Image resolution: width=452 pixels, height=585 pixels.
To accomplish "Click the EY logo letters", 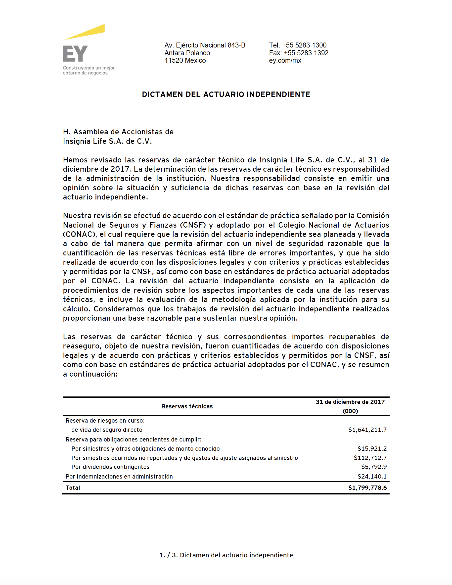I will (75, 53).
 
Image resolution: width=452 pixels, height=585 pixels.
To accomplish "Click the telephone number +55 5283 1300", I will (304, 45).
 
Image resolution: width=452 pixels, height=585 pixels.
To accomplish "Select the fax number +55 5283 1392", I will (306, 53).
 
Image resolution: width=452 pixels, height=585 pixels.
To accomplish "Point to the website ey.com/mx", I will (285, 60).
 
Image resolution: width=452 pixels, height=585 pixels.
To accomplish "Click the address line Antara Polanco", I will (187, 53).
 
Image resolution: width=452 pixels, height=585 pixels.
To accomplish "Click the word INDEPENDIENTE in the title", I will (278, 94).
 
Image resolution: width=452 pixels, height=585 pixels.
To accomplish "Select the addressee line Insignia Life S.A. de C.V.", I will (107, 141).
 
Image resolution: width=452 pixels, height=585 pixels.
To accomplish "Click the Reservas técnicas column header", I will (187, 406).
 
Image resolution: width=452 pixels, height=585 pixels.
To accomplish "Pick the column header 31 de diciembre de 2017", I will (350, 402).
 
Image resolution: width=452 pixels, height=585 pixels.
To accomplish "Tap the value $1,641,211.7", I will (367, 430).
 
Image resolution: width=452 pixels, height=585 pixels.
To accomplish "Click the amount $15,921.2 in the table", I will (372, 448).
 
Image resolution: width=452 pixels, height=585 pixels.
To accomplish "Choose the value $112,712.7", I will (370, 458).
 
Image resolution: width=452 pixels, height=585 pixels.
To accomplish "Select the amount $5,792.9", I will (374, 467).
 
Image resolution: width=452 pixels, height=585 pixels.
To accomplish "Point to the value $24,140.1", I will (372, 476).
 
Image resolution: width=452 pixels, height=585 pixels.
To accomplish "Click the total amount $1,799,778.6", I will (367, 487).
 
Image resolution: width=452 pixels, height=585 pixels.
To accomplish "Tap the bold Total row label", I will (73, 487).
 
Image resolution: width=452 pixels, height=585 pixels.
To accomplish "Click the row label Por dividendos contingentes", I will (110, 467).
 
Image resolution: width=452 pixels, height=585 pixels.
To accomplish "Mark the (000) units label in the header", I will (350, 411).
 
